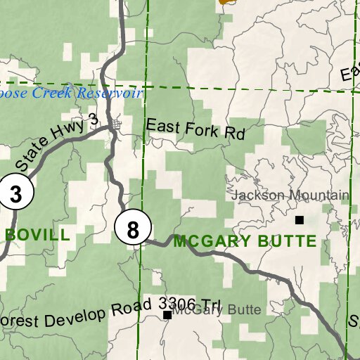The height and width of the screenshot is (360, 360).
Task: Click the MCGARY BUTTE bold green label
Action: coord(245,241)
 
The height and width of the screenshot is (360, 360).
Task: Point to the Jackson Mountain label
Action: coord(290,195)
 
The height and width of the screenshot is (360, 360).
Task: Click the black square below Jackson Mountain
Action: coord(300,219)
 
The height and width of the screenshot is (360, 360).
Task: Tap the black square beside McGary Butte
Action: coord(167,315)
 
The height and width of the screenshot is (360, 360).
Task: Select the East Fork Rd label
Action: coord(195,129)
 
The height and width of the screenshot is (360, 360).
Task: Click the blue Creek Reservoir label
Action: coord(70,93)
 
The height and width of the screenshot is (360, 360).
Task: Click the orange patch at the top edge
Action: coord(226,2)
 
